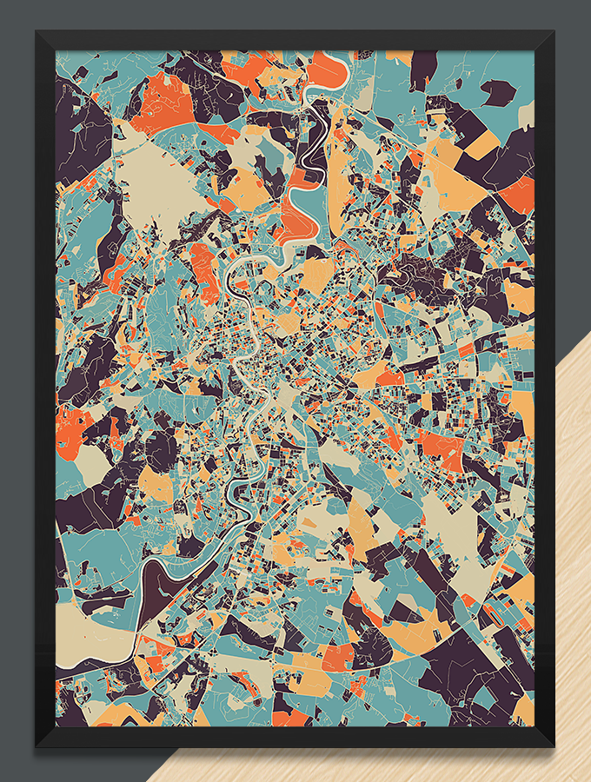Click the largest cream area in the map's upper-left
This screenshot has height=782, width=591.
(161, 182)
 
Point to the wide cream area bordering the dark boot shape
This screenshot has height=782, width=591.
(91, 630)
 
